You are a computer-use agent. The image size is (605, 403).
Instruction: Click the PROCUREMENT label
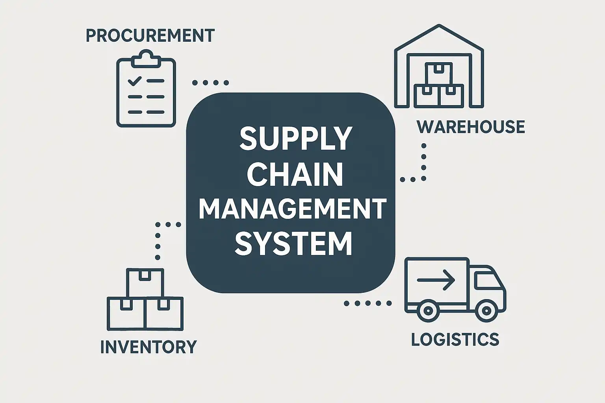pyautogui.click(x=150, y=35)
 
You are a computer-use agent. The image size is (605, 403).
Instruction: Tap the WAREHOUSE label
pyautogui.click(x=471, y=127)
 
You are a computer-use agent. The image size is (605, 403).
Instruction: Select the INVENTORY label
pyautogui.click(x=148, y=347)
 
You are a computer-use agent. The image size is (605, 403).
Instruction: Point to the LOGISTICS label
pyautogui.click(x=455, y=339)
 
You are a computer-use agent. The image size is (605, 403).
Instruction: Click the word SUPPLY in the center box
pyautogui.click(x=295, y=139)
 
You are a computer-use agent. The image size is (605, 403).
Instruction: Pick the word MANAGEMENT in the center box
pyautogui.click(x=292, y=209)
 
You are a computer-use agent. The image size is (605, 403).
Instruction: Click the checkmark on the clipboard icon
pyautogui.click(x=134, y=81)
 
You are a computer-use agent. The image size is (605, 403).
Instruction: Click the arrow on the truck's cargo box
pyautogui.click(x=436, y=280)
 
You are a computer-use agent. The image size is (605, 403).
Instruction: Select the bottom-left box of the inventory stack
pyautogui.click(x=127, y=314)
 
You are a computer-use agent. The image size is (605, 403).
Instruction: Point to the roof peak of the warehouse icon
pyautogui.click(x=439, y=26)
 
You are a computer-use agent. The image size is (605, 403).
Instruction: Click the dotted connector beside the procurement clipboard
pyautogui.click(x=210, y=83)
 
